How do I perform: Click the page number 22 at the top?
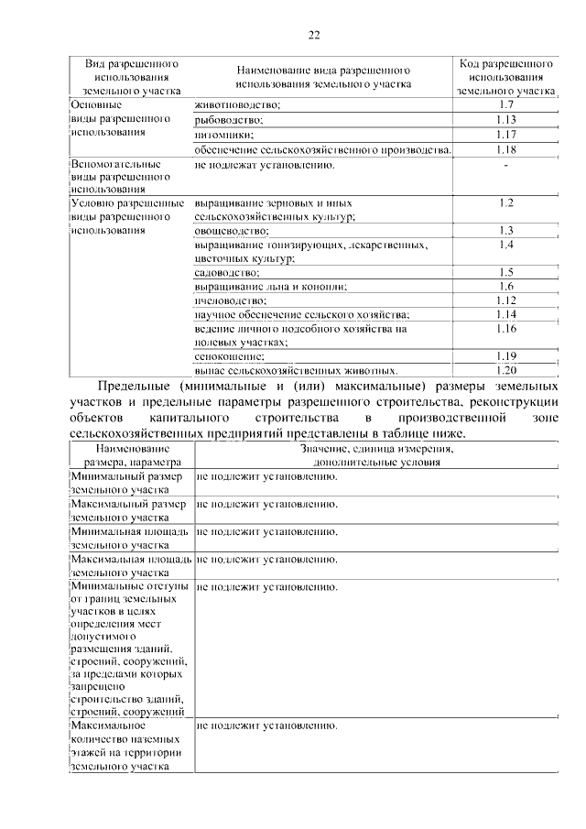coord(313,35)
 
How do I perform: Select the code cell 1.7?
coord(505,105)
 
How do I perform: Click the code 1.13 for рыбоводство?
coord(505,120)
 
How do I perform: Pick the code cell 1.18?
coord(505,149)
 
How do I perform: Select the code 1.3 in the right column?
coord(505,231)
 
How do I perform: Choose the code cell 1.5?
coord(505,273)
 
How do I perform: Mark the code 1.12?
coord(505,300)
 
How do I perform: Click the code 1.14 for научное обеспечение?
coord(505,314)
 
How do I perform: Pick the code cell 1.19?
coord(505,356)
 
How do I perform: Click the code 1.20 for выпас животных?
coord(505,371)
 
